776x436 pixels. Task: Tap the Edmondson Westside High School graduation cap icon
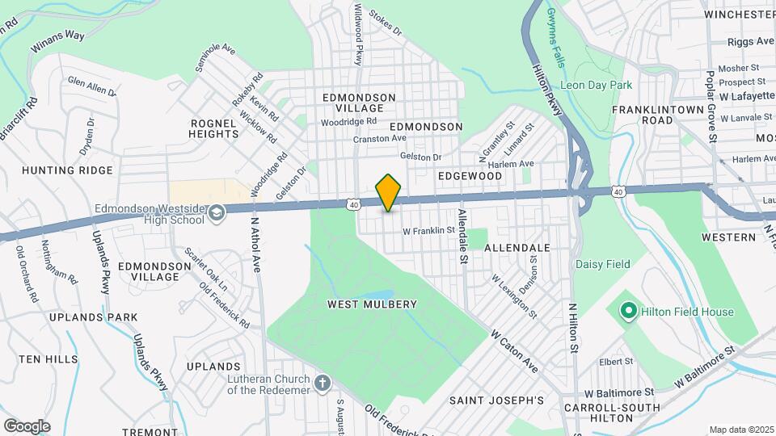point(216,212)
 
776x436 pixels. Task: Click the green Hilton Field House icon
point(627,311)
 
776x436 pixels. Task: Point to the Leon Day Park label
point(595,85)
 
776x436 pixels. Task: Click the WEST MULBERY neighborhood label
point(372,304)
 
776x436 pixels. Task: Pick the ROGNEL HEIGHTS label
point(213,128)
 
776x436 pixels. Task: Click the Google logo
point(26,426)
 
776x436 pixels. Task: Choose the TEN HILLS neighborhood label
point(48,359)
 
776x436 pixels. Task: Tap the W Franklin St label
point(428,231)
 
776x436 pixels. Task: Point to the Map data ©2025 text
point(741,430)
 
